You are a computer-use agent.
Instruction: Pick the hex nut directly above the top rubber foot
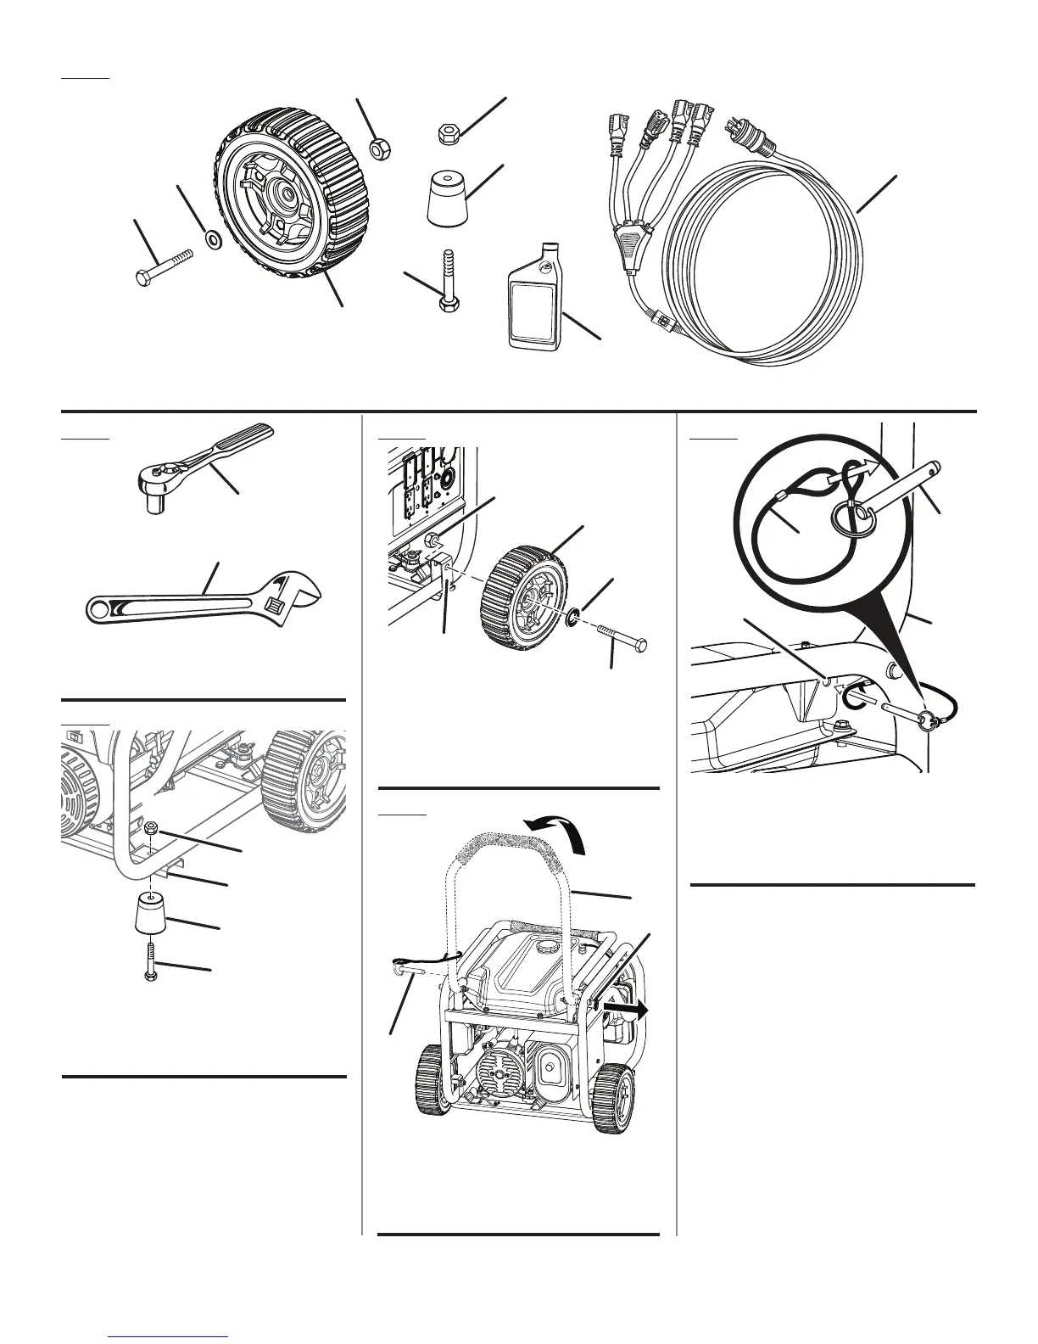pyautogui.click(x=449, y=132)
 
